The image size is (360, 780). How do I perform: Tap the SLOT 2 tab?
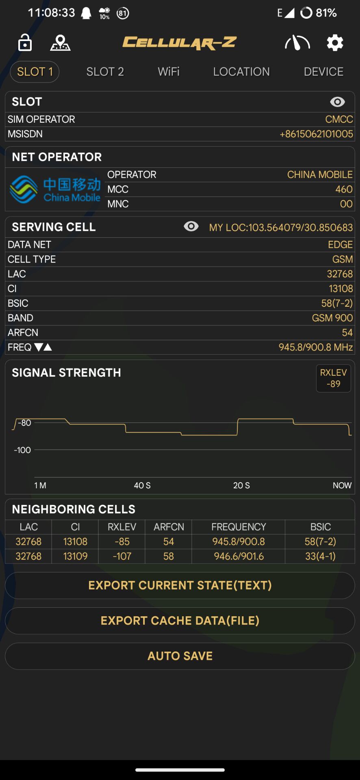pos(105,72)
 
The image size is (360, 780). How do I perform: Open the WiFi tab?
pos(169,72)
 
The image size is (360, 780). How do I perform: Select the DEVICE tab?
pos(323,72)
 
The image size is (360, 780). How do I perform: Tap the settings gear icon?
pos(335,43)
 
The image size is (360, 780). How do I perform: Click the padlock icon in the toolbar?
pos(25,42)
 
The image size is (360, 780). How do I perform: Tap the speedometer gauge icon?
pos(297,43)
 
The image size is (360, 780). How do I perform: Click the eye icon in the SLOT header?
pos(337,102)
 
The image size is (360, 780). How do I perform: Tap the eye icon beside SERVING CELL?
pos(191,226)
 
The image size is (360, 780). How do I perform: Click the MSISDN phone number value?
pos(316,134)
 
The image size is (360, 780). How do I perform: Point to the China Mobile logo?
pos(55,189)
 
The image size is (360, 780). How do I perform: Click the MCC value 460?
pos(344,189)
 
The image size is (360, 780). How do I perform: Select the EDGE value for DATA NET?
pos(340,245)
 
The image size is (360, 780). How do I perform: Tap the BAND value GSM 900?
pos(332,318)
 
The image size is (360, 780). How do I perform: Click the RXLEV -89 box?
pos(333,378)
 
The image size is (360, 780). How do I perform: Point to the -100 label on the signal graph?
pos(22,450)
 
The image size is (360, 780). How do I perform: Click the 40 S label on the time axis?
pos(142,485)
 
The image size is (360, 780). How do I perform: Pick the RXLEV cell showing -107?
pos(122,556)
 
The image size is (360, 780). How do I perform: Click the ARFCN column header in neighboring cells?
pos(169,527)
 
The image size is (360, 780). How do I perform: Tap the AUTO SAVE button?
pos(180,656)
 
